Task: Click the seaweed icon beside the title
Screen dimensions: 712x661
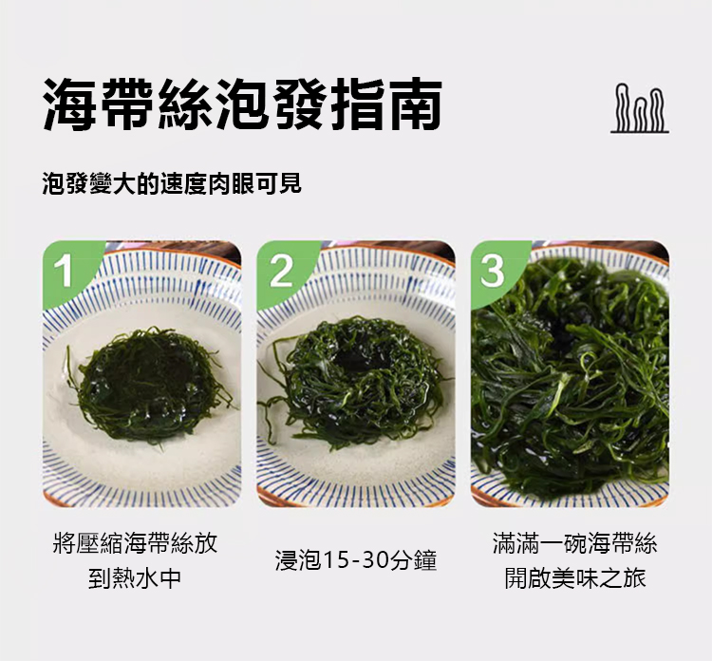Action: (x=639, y=108)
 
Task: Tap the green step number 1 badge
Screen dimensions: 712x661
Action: (x=66, y=272)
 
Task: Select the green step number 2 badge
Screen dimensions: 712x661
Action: (x=281, y=272)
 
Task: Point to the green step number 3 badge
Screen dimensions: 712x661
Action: (x=493, y=272)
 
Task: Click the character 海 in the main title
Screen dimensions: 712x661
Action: (x=70, y=104)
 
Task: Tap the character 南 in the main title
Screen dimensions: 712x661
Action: (x=415, y=104)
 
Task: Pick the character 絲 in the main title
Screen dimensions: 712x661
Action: (x=185, y=104)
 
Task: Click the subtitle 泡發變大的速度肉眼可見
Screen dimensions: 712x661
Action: (x=172, y=184)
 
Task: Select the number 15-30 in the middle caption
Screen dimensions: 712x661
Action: (x=356, y=560)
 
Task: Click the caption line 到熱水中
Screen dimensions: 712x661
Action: (x=135, y=578)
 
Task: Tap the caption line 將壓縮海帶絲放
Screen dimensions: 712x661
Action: (x=135, y=543)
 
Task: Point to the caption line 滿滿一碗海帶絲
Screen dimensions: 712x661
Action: (x=575, y=543)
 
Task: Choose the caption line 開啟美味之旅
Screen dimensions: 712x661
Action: (x=575, y=578)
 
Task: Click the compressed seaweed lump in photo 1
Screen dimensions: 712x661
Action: (x=150, y=387)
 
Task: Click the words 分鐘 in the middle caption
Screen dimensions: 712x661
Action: (x=413, y=560)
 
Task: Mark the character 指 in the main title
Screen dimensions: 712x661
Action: (x=357, y=104)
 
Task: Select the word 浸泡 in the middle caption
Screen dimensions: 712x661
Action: (x=299, y=560)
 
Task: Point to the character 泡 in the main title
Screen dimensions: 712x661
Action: (x=243, y=104)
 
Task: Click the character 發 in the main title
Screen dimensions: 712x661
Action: (x=300, y=104)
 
